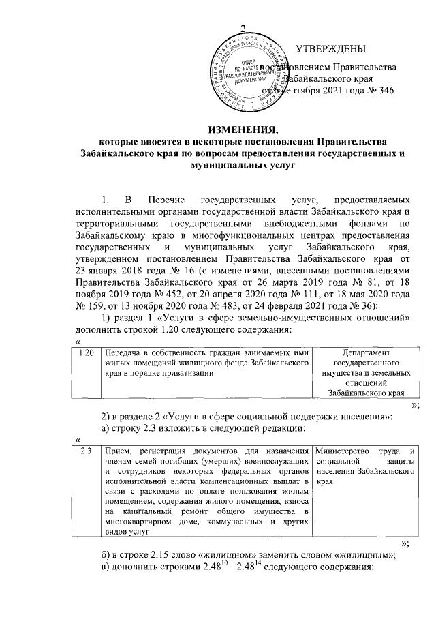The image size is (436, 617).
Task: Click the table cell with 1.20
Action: pos(87,353)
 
